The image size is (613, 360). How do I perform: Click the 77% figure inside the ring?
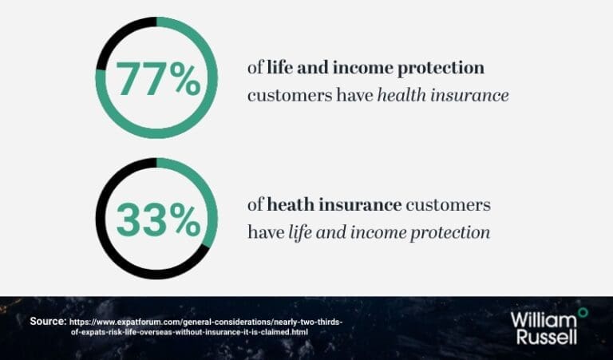(x=158, y=79)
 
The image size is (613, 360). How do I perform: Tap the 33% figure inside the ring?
(x=158, y=220)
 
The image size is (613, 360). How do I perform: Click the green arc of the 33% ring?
(x=208, y=192)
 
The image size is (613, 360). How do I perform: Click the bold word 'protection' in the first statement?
(x=441, y=69)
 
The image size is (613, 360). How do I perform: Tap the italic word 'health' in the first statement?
(x=401, y=95)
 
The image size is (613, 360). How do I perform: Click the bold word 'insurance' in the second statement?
(x=360, y=205)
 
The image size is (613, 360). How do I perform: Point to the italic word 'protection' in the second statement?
(x=450, y=233)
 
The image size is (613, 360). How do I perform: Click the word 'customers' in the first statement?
(x=290, y=96)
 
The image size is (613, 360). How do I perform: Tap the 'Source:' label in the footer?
(x=48, y=322)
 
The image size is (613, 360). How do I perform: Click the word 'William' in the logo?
(x=544, y=320)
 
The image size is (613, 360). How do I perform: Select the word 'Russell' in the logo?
(x=547, y=336)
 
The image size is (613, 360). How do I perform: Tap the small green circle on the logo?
(x=583, y=312)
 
